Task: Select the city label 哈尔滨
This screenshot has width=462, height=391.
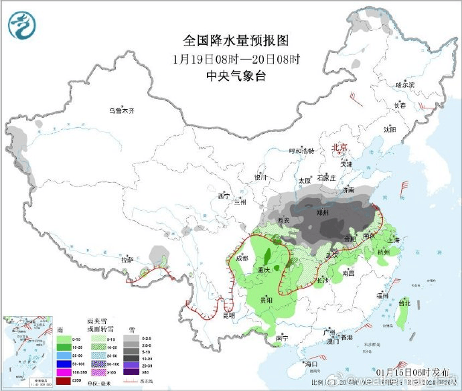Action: [405, 85]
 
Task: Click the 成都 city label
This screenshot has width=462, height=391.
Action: [242, 258]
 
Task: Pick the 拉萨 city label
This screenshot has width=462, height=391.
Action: [127, 258]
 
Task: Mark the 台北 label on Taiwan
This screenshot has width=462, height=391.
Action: [404, 303]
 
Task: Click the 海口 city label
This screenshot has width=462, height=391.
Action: [310, 364]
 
